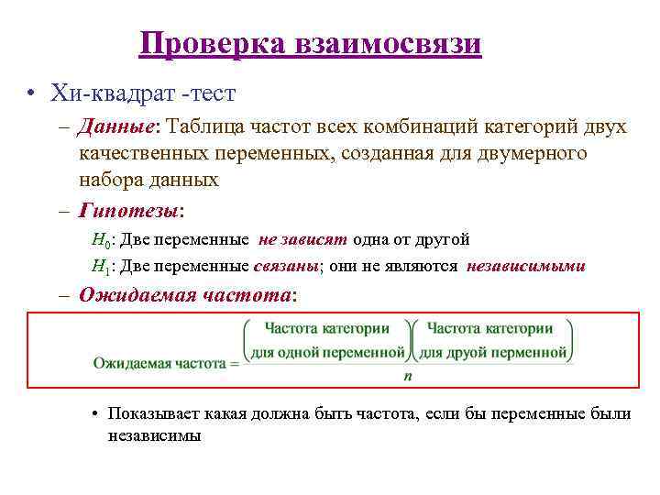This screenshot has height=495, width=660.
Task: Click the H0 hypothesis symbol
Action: point(102,240)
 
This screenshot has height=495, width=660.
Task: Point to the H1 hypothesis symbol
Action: point(102,267)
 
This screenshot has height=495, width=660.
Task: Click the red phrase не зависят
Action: point(302,239)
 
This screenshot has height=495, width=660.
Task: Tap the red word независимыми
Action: point(526,267)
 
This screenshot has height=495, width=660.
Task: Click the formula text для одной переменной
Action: point(327,351)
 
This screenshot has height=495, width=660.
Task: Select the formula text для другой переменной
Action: point(494,351)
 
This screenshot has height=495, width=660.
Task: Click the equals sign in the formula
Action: point(234,364)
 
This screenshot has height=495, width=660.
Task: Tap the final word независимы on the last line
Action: point(154,435)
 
